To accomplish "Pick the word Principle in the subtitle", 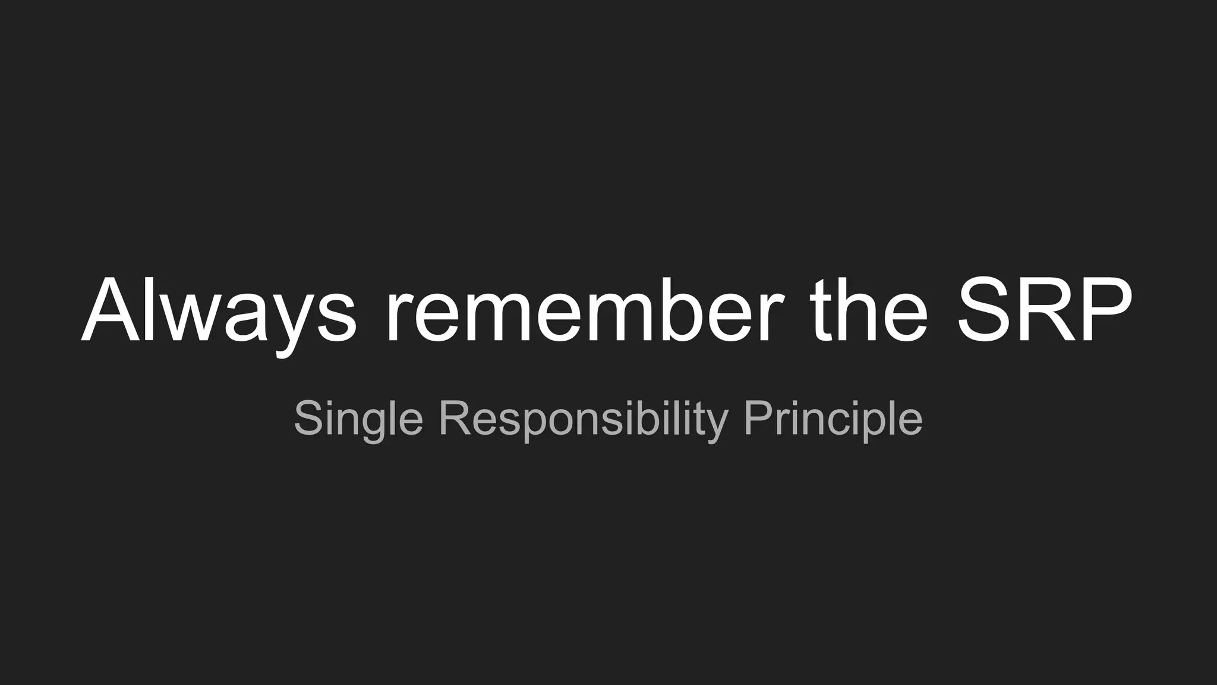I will tap(833, 420).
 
